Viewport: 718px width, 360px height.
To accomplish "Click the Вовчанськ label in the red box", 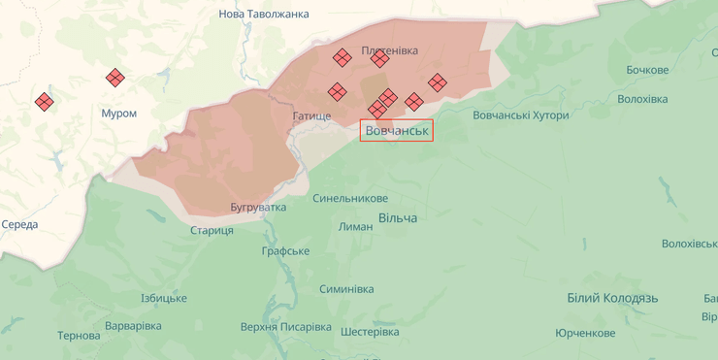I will click(397, 130).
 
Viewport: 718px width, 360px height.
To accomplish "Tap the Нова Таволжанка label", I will click(264, 14).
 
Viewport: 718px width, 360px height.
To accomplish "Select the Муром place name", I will click(119, 114).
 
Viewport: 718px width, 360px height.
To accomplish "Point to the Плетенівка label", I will click(389, 49).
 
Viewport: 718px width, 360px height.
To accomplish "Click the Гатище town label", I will click(311, 116).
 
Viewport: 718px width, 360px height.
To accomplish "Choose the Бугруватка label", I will click(259, 208).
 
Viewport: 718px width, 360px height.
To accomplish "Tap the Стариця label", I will click(212, 230).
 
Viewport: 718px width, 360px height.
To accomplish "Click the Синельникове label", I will click(350, 198).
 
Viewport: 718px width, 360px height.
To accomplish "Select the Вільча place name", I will click(398, 218).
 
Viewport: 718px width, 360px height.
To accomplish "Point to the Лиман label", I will click(356, 226).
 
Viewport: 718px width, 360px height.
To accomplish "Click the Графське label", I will click(285, 251).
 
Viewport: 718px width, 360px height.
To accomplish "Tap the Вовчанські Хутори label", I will click(521, 115).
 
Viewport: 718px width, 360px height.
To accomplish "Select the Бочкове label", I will click(647, 70).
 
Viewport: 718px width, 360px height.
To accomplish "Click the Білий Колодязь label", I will click(612, 298).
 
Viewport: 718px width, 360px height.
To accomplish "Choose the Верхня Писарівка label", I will click(285, 327).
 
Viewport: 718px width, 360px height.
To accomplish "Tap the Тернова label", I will click(79, 336).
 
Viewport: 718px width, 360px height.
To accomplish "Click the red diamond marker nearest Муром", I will click(115, 78).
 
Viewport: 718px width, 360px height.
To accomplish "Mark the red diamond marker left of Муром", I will click(44, 101).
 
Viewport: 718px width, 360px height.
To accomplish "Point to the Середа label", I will click(19, 225).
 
